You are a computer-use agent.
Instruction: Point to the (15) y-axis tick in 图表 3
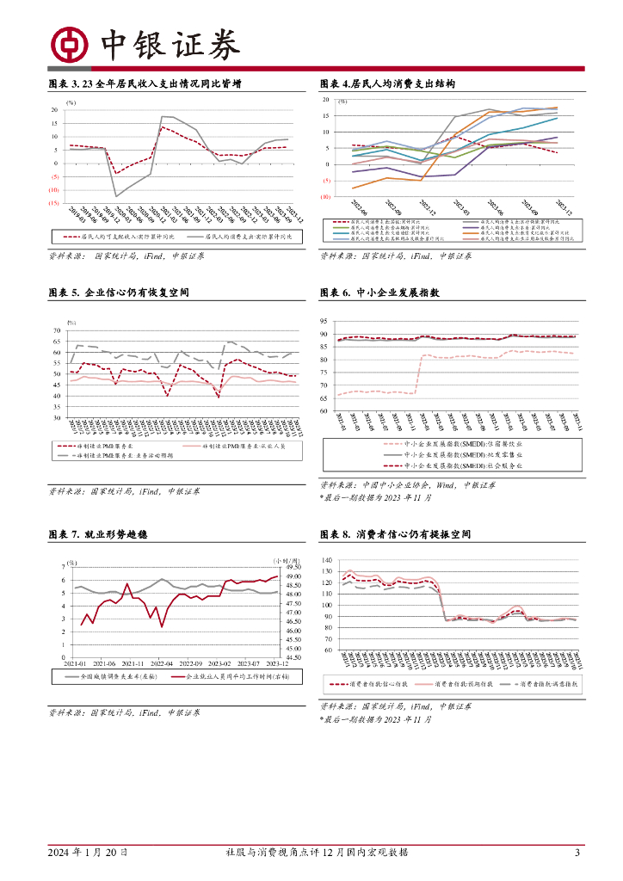pos(53,203)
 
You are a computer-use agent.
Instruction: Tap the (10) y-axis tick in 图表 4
pos(325,196)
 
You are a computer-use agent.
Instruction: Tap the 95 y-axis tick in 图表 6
pos(324,321)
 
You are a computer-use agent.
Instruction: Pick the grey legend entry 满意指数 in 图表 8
pos(543,685)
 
